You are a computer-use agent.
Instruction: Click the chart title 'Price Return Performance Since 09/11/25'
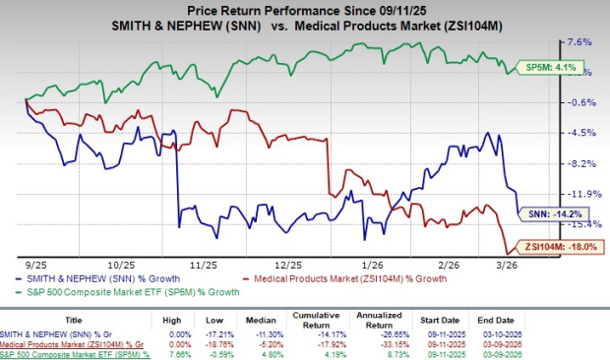tap(305, 9)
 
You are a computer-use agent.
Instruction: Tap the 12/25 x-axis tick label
tap(288, 265)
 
